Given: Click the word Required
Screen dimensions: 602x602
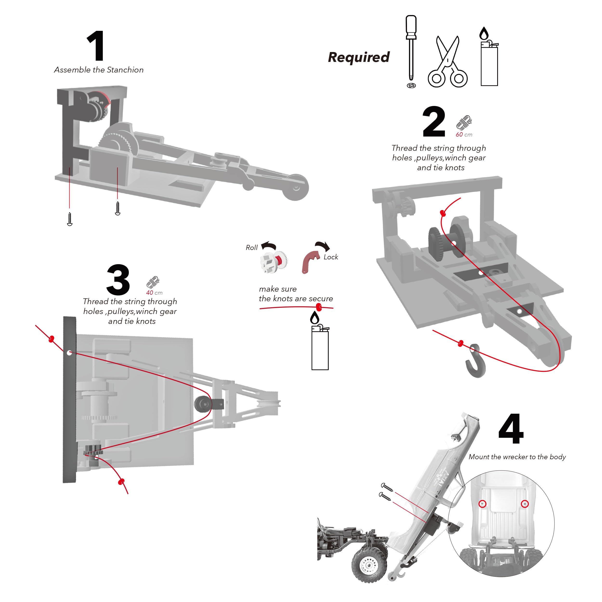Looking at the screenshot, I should click(359, 57).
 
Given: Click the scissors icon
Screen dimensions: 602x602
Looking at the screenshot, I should click(447, 62).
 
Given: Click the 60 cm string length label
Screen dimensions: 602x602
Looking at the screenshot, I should click(464, 135).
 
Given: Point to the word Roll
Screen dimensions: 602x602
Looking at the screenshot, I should click(251, 247).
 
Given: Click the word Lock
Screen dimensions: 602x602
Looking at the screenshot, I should click(331, 257).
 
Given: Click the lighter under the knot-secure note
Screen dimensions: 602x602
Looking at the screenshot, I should click(320, 346).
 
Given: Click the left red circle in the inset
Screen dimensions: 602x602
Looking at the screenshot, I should click(482, 504).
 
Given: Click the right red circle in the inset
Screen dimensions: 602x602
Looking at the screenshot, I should click(525, 504).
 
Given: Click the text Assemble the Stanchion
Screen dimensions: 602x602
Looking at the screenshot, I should click(99, 70).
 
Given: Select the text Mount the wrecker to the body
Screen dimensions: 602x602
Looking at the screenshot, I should click(517, 457).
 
